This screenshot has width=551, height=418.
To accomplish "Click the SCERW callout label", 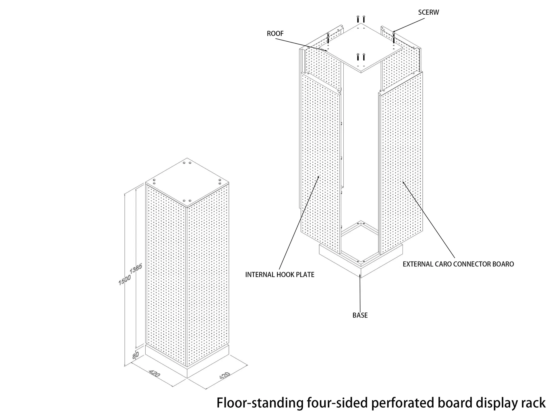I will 428,12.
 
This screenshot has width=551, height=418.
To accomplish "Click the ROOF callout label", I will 275,34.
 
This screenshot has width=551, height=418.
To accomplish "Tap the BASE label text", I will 360,315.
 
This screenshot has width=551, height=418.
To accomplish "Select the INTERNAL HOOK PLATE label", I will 280,275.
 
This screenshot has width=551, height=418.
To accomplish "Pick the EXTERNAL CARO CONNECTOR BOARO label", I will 458,264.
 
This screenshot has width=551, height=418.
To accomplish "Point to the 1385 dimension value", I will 136,269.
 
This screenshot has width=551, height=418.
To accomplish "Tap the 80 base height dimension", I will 136,355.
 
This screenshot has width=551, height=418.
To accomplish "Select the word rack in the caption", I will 533,403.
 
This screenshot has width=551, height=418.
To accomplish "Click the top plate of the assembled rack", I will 187,183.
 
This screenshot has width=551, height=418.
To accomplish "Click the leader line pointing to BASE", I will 360,293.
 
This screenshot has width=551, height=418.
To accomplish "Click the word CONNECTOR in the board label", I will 467,264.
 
